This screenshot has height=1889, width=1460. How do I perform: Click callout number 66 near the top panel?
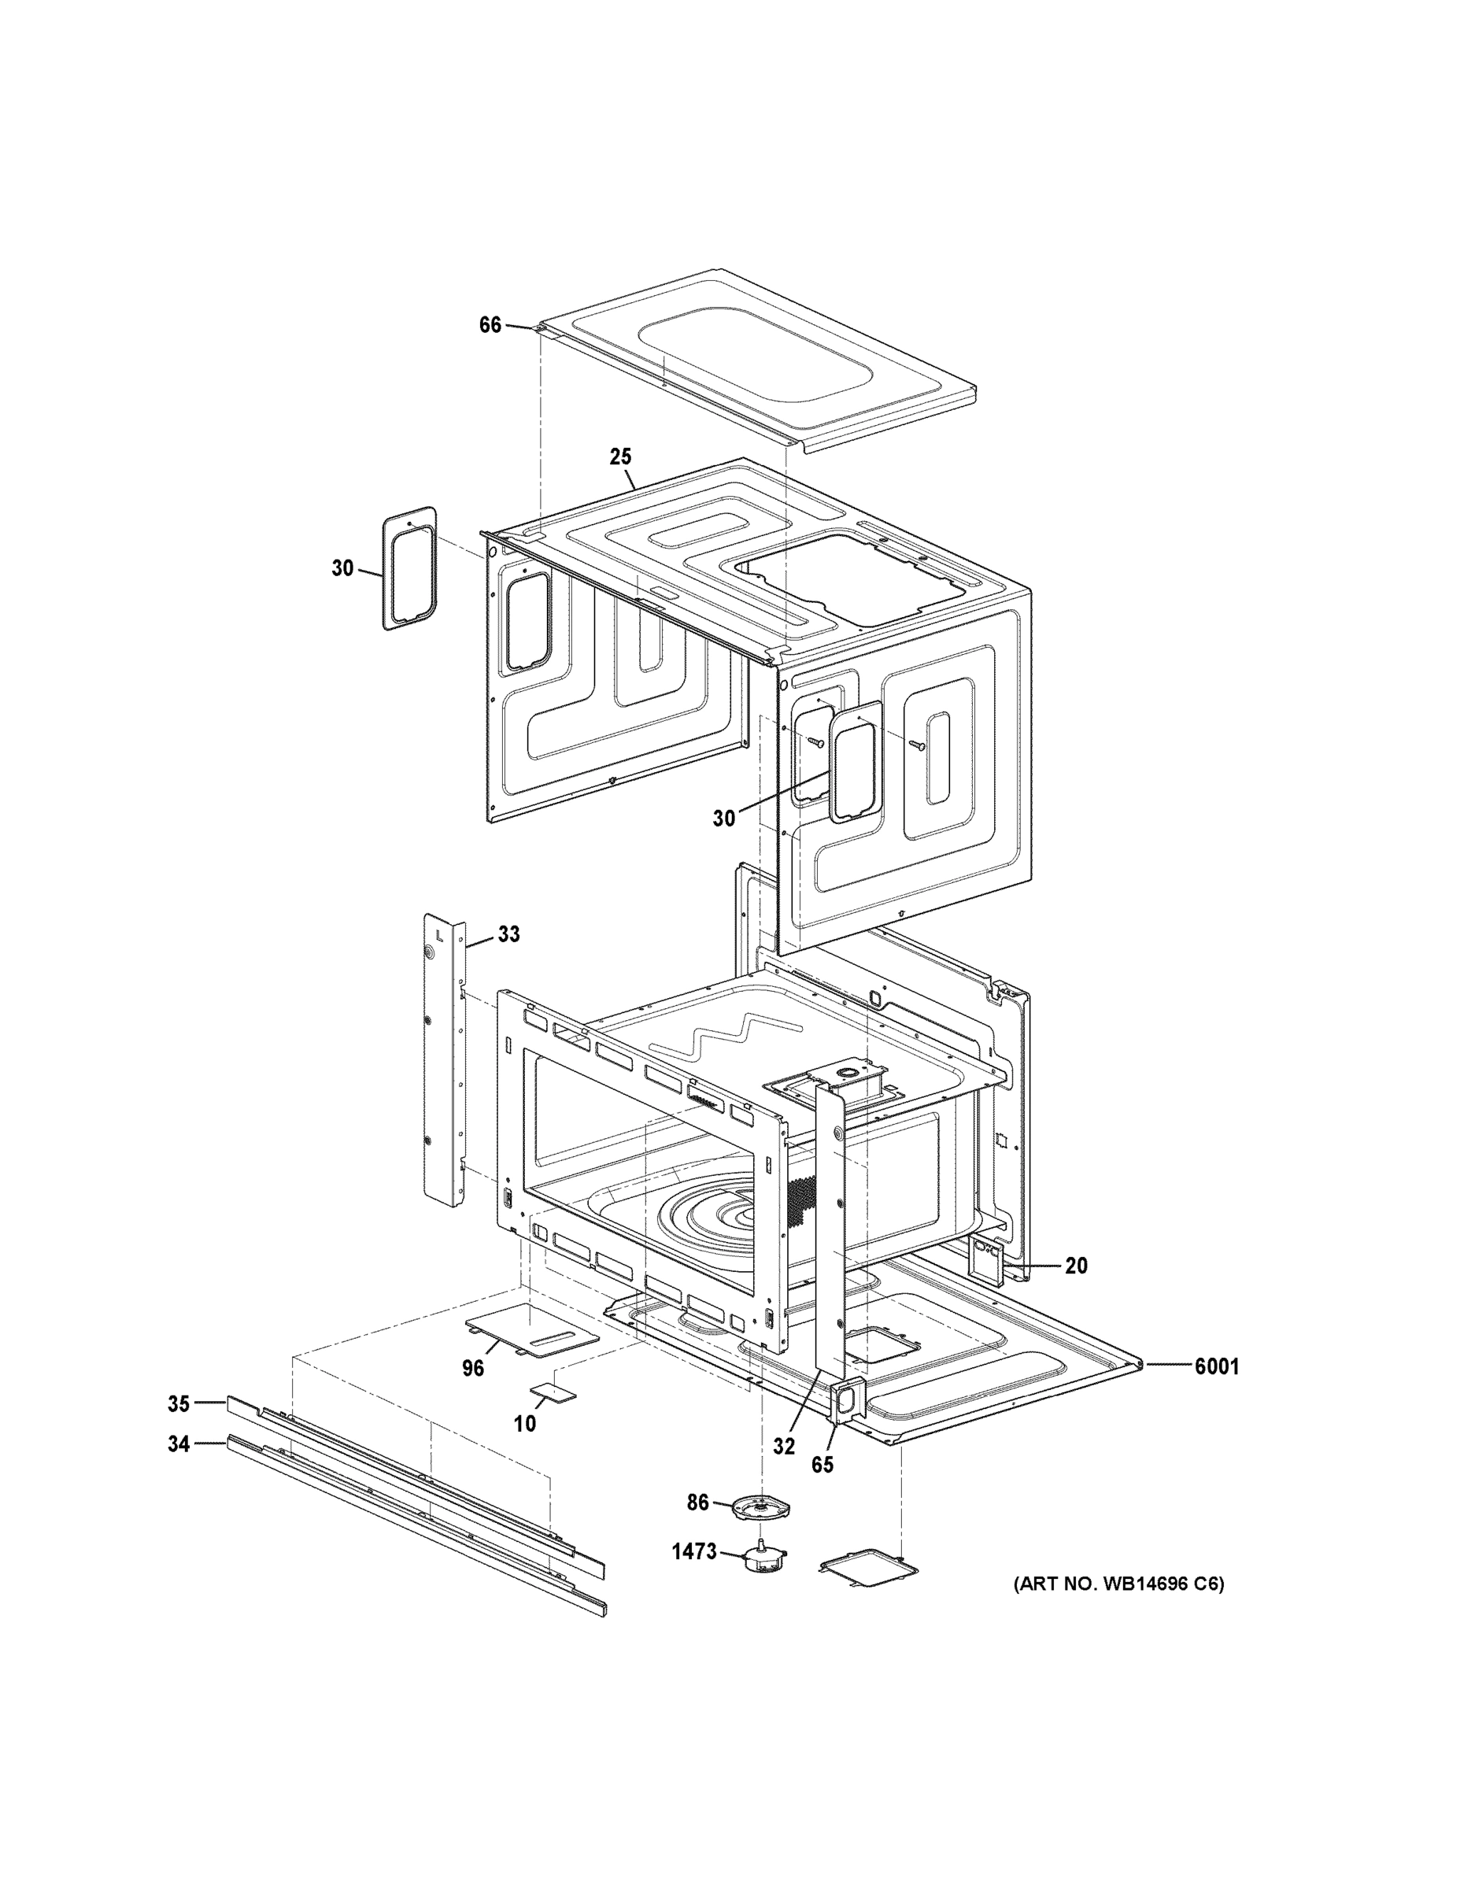(x=490, y=325)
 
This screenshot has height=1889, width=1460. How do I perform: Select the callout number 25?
(x=620, y=456)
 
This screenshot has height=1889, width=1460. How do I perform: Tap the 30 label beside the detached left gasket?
(x=342, y=568)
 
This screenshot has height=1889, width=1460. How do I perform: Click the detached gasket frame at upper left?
(x=409, y=568)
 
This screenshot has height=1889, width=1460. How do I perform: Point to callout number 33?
(x=508, y=934)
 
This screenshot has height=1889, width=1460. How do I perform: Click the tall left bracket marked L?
(x=444, y=1059)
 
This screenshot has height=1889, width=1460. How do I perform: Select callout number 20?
(x=1076, y=1266)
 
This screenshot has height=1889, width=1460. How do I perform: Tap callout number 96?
(x=473, y=1368)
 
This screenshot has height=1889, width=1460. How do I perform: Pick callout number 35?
(x=178, y=1403)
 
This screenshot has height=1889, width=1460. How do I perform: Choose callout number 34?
(x=178, y=1444)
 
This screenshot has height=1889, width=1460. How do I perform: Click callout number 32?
(x=784, y=1446)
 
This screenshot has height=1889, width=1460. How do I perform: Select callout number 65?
(x=822, y=1464)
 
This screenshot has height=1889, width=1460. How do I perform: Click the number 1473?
(x=694, y=1551)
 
